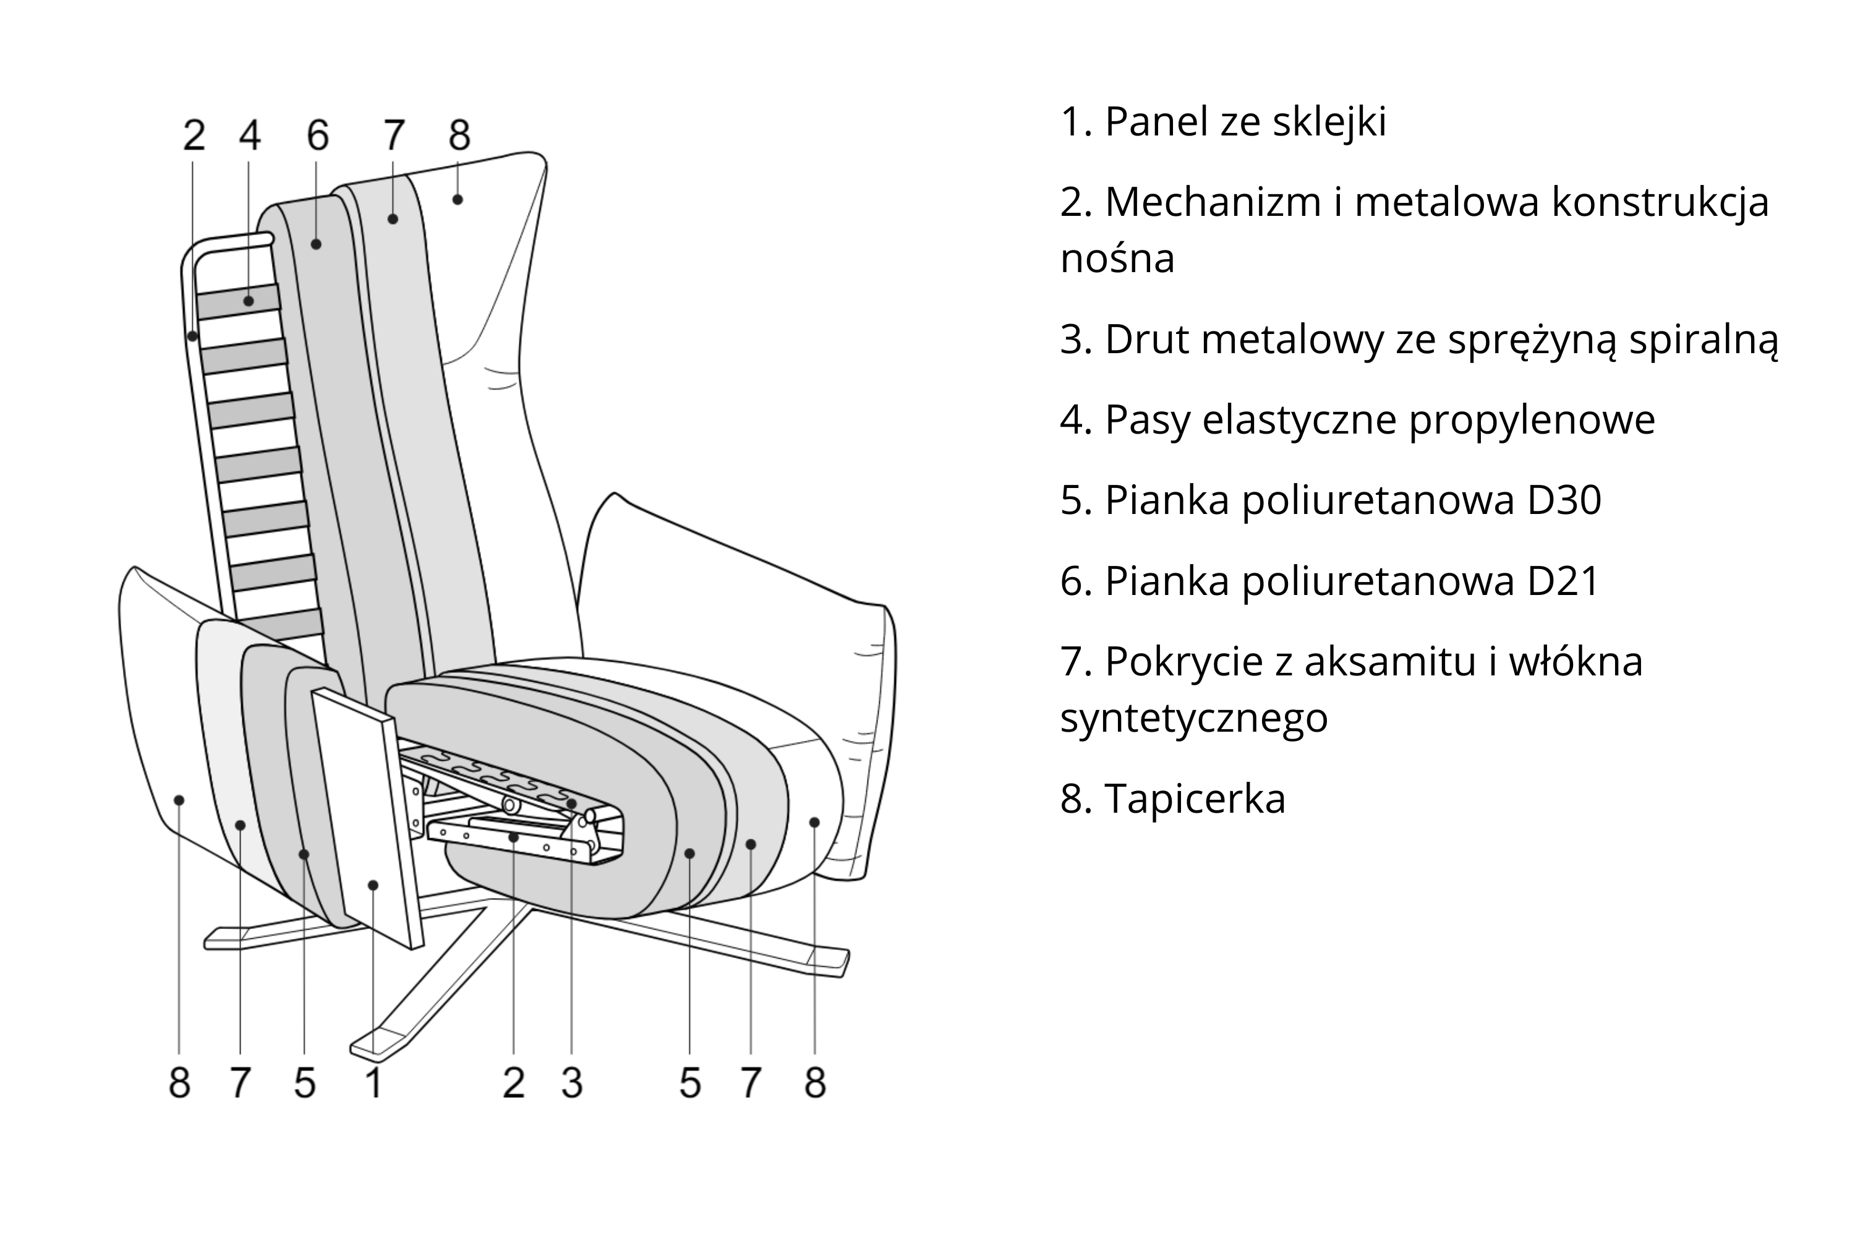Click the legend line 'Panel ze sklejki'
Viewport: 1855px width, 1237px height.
pyautogui.click(x=1223, y=122)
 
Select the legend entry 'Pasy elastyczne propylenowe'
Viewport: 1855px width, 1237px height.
pyautogui.click(x=1357, y=420)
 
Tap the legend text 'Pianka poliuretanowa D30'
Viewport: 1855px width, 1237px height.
pyautogui.click(x=1331, y=500)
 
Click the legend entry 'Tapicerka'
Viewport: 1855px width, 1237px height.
pyautogui.click(x=1173, y=798)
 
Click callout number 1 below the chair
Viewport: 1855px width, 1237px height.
pyautogui.click(x=374, y=1082)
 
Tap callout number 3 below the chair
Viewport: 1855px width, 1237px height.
pyautogui.click(x=572, y=1082)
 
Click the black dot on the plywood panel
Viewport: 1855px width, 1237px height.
pyautogui.click(x=373, y=885)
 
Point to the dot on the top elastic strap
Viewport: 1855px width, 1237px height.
pyautogui.click(x=249, y=301)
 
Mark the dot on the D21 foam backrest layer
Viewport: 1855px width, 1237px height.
pyautogui.click(x=316, y=244)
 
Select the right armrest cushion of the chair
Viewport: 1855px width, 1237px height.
pyautogui.click(x=749, y=592)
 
